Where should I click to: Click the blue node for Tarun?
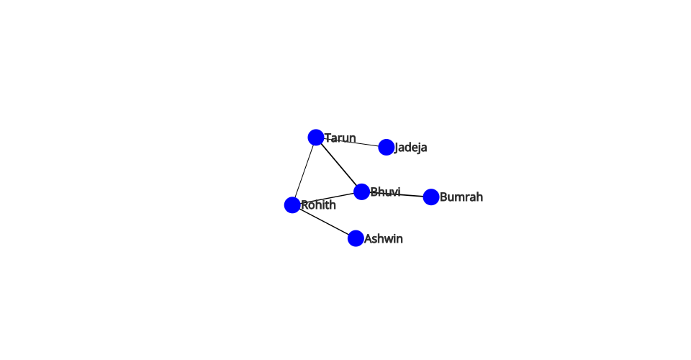pyautogui.click(x=316, y=138)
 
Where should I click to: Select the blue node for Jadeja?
pyautogui.click(x=387, y=147)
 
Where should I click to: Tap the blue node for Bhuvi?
pyautogui.click(x=362, y=192)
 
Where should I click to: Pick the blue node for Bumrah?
pyautogui.click(x=431, y=197)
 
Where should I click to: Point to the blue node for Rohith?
pyautogui.click(x=292, y=205)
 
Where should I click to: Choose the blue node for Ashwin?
pyautogui.click(x=356, y=238)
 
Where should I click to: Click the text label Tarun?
pyautogui.click(x=340, y=138)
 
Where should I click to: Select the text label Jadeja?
pyautogui.click(x=411, y=148)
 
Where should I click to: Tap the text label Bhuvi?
pyautogui.click(x=386, y=192)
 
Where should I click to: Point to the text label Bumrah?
pyautogui.click(x=461, y=197)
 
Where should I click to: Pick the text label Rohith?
pyautogui.click(x=319, y=205)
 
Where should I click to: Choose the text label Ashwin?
pyautogui.click(x=384, y=238)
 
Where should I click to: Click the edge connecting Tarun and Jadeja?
pyautogui.click(x=351, y=143)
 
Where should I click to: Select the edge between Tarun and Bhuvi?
pyautogui.click(x=339, y=165)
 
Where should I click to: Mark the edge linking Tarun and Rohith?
pyautogui.click(x=304, y=171)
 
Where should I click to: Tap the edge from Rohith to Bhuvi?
pyautogui.click(x=327, y=198)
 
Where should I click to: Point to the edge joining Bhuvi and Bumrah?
pyautogui.click(x=397, y=194)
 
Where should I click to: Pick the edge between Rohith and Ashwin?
pyautogui.click(x=324, y=222)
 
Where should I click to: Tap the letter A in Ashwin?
pyautogui.click(x=368, y=238)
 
